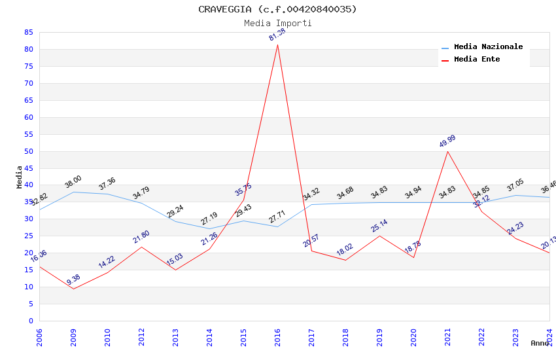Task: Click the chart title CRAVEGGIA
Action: click(277, 9)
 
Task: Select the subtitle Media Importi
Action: click(277, 23)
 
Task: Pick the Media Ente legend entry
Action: click(477, 60)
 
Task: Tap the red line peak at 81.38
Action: click(277, 45)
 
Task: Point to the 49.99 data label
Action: click(447, 141)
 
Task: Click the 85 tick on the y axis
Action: click(28, 32)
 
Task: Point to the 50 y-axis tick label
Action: click(28, 151)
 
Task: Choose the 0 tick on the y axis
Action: click(30, 321)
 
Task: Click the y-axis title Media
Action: click(20, 177)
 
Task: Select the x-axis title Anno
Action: click(540, 343)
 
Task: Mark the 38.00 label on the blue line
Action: click(73, 181)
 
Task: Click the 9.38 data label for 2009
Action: click(73, 279)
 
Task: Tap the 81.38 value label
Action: click(277, 34)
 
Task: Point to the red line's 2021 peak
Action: click(447, 151)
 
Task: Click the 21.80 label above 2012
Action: click(141, 237)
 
